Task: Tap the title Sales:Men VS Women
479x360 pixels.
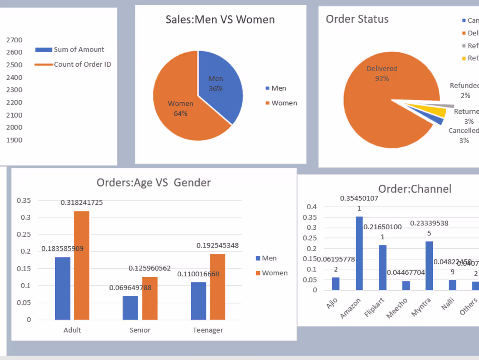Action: (220, 20)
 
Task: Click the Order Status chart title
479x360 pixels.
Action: (357, 19)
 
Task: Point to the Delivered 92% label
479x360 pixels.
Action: (382, 73)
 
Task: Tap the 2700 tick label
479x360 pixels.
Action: (14, 40)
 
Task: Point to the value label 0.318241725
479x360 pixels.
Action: (81, 203)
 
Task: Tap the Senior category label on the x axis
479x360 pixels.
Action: (140, 330)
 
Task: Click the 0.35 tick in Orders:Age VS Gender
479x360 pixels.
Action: (24, 200)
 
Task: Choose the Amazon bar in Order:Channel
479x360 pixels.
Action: (359, 253)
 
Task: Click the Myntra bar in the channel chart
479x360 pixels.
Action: (429, 265)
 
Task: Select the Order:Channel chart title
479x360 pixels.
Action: (415, 189)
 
